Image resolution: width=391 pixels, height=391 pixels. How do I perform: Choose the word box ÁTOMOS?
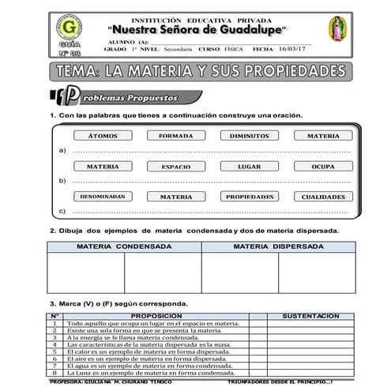coord(103,136)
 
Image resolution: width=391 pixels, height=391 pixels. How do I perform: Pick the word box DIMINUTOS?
coord(249,136)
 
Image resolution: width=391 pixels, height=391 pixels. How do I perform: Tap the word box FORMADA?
coord(175,136)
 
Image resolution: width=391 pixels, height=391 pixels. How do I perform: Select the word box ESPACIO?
coord(175,167)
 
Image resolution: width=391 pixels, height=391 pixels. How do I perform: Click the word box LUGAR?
coord(249,167)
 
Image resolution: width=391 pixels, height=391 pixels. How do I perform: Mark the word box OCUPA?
coord(322,167)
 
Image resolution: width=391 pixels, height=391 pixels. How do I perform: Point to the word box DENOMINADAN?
coord(103,197)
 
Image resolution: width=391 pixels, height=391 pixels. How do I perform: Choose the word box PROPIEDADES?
coord(249,197)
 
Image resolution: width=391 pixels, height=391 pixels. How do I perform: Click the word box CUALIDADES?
coord(322,197)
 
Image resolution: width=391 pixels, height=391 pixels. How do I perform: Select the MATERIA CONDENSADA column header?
coord(124,246)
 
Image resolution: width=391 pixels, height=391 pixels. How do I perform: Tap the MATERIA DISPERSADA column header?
coord(277,246)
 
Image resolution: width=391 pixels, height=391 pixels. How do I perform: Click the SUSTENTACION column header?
coord(310,315)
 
